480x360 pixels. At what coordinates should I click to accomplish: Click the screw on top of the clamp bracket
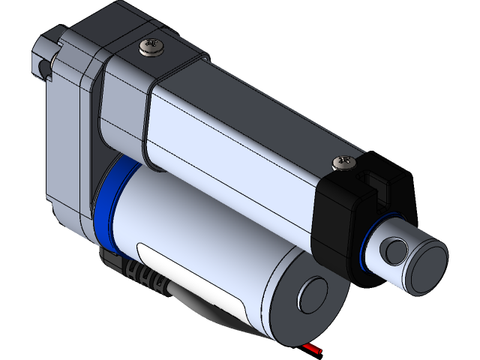pyautogui.click(x=151, y=49)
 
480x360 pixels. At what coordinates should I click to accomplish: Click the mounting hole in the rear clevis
pyautogui.click(x=41, y=69)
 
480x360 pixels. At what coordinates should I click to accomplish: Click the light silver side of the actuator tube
pyautogui.click(x=240, y=172)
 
